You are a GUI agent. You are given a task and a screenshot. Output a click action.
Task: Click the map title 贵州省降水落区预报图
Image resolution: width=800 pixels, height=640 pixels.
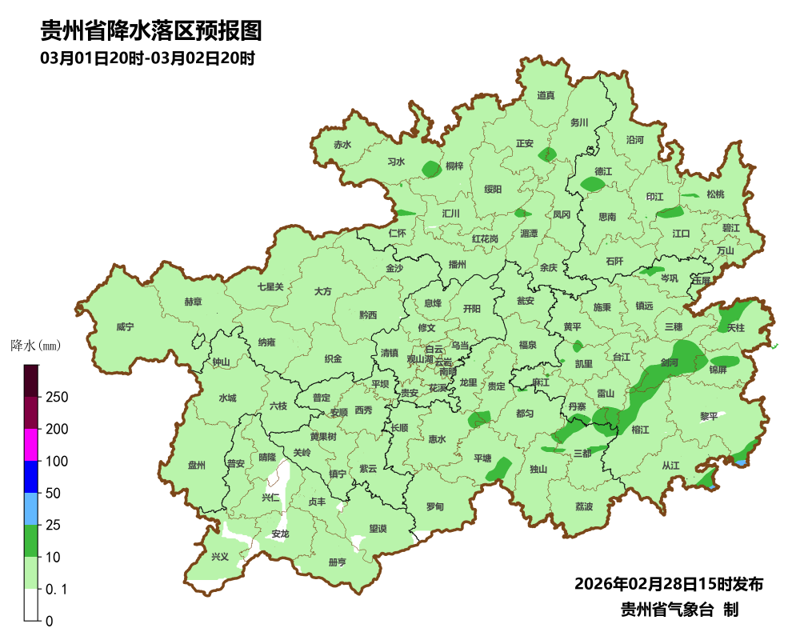[x=151, y=31]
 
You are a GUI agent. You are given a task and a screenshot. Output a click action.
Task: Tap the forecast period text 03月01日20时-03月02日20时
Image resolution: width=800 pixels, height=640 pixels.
[x=147, y=58]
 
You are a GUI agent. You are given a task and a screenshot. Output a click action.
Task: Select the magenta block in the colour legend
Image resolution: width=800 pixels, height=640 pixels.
[x=31, y=445]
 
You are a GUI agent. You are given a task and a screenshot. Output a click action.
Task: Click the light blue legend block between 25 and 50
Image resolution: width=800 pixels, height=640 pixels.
[x=31, y=509]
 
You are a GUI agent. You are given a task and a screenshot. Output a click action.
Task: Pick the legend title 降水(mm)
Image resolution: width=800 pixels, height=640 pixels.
[x=35, y=346]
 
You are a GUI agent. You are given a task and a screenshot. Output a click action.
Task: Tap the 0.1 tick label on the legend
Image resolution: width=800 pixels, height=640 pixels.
[x=56, y=590]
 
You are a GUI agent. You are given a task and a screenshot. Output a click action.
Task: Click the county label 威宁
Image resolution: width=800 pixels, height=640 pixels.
[x=125, y=327]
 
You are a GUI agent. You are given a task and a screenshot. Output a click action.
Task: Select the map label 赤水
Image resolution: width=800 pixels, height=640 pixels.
[x=342, y=145]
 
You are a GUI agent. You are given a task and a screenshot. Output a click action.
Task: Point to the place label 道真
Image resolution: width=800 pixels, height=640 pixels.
[x=546, y=96]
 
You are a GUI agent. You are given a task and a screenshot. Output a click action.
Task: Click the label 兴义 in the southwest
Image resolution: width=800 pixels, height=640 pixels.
[x=219, y=557]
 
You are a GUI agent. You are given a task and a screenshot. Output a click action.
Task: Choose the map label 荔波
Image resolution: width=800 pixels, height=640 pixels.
[x=584, y=507]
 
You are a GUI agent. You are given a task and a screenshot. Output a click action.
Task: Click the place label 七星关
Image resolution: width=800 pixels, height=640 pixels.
[x=270, y=286]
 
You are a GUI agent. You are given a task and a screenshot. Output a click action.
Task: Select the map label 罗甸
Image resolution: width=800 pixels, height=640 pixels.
[x=434, y=506]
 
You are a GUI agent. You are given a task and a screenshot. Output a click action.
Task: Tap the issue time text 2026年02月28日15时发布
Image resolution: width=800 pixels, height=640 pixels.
[x=669, y=584]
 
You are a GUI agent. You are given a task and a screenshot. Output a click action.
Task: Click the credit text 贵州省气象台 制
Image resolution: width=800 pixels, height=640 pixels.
[x=679, y=610]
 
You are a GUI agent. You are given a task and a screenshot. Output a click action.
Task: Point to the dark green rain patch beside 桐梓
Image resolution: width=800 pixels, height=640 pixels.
[x=431, y=169]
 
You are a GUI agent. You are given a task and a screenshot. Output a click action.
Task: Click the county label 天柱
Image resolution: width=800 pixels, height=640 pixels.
[x=735, y=328]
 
